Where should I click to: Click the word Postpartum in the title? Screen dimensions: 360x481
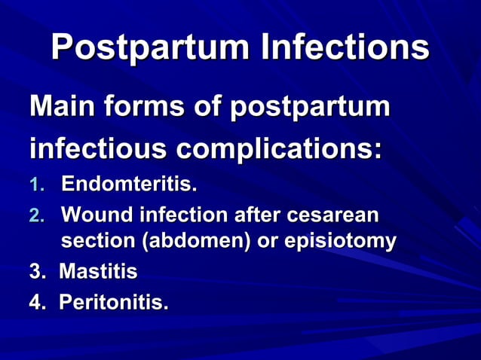tap(149, 47)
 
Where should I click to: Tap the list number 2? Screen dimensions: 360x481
tap(35, 216)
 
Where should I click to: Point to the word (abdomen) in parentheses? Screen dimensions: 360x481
tap(181, 242)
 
